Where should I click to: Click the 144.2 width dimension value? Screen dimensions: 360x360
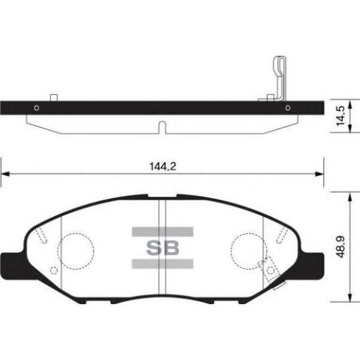tap(163, 166)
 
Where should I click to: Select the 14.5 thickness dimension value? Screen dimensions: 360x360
tap(340, 116)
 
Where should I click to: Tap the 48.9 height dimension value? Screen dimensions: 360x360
tap(340, 247)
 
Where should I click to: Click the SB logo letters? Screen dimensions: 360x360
tap(163, 248)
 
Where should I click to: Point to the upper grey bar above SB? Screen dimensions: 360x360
tap(163, 232)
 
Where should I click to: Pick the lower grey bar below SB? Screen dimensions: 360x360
tap(163, 264)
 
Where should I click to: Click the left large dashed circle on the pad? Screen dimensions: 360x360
tap(76, 233)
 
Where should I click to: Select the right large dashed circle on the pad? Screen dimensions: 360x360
tap(249, 233)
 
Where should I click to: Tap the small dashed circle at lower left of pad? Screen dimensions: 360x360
tap(54, 271)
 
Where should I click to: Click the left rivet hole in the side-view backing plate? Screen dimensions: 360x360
tap(37, 107)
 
